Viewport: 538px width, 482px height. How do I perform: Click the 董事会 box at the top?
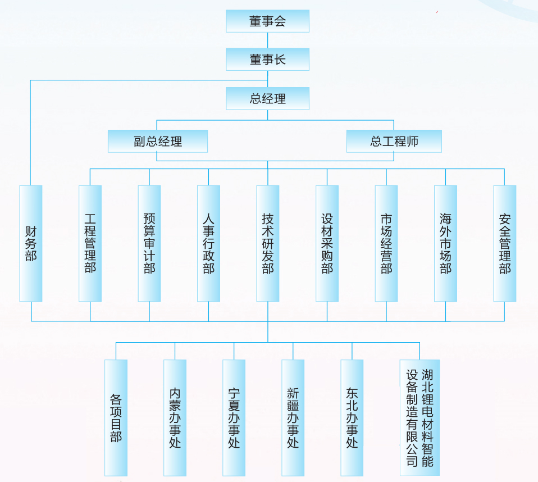point(267,21)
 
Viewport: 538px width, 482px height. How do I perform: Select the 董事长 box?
point(267,60)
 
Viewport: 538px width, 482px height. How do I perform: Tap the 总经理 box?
point(267,98)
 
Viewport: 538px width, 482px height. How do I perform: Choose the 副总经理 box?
point(158,141)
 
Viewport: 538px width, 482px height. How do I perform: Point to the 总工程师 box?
point(394,141)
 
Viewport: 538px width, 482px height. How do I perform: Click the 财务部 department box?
point(31,243)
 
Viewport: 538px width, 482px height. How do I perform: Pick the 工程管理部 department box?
point(90,243)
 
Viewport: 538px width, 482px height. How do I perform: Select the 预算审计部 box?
point(149,243)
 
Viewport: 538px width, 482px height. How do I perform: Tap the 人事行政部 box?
point(208,243)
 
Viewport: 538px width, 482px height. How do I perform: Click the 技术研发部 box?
point(268,243)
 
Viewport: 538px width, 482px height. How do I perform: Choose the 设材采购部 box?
point(327,243)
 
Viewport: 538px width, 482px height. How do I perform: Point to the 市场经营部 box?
point(386,243)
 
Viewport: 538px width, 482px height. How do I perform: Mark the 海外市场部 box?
point(445,243)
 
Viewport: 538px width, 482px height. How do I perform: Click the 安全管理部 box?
point(505,243)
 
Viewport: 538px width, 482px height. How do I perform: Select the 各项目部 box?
point(116,417)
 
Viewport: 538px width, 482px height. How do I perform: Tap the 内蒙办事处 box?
point(175,417)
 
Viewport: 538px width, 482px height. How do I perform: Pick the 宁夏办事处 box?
point(234,417)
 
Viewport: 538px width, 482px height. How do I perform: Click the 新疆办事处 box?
point(293,417)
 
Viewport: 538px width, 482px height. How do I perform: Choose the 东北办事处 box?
point(352,417)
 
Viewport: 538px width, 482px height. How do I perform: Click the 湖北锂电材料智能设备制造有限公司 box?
point(420,417)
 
